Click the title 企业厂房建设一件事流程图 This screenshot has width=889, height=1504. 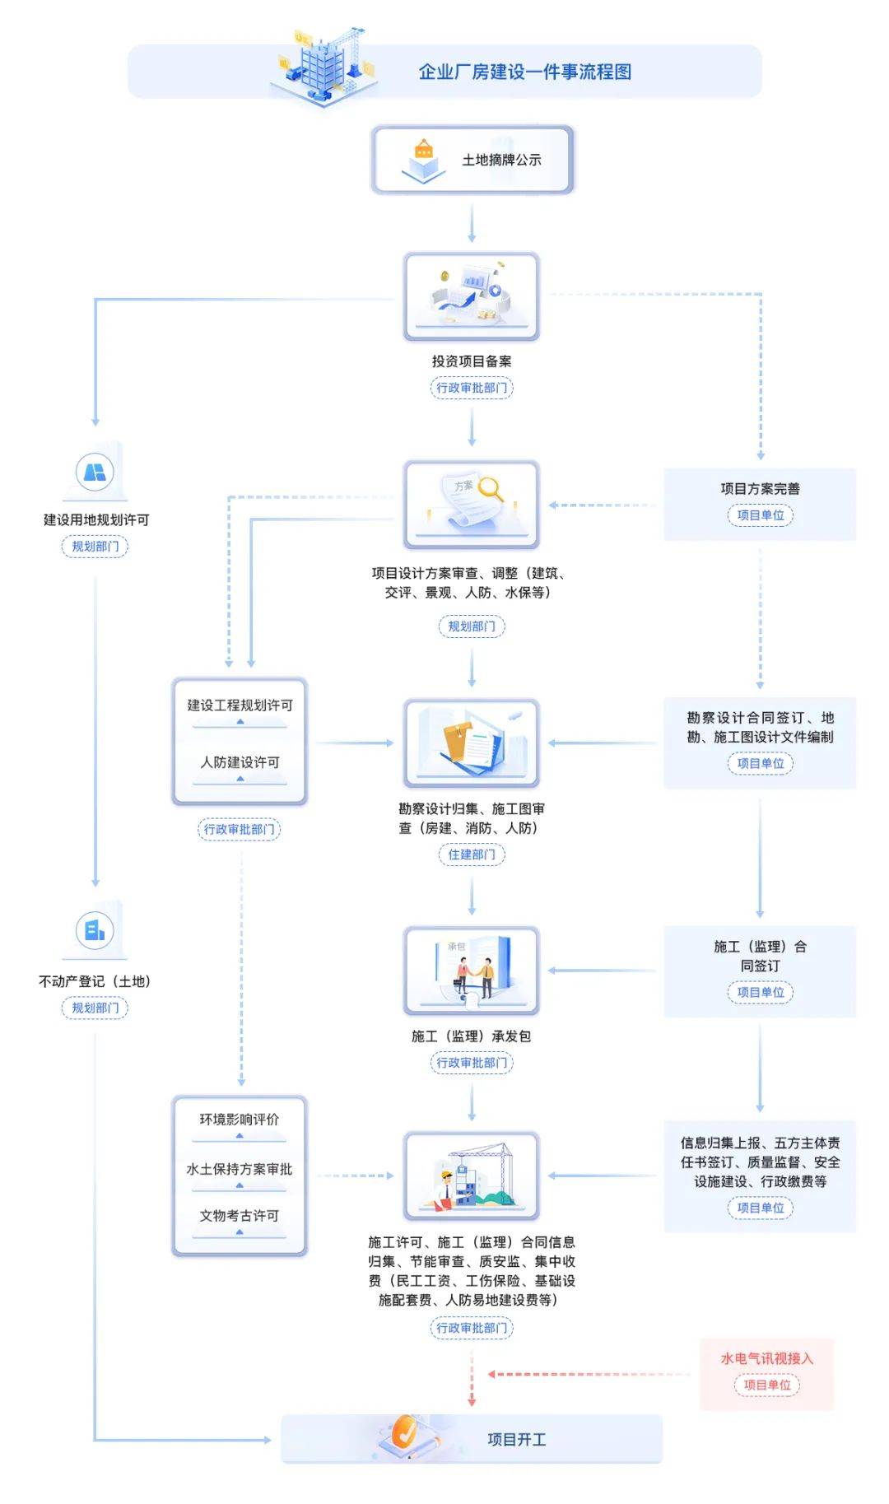pos(524,72)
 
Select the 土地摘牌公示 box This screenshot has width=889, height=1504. pos(472,160)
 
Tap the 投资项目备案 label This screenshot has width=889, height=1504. pos(472,361)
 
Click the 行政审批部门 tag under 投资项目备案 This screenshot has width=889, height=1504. pos(472,388)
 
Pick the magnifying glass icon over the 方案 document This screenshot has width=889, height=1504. pos(491,489)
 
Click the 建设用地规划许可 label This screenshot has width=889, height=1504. pos(96,520)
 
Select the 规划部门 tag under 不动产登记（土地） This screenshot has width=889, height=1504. pos(95,1008)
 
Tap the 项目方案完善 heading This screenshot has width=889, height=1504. pos(760,489)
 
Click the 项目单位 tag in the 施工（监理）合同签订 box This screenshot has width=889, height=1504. pos(760,992)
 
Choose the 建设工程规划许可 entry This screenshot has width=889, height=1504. pos(240,705)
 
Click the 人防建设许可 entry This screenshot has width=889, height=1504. pos(240,762)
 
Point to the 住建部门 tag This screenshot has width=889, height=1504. pos(472,854)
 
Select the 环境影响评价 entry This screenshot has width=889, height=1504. pos(240,1120)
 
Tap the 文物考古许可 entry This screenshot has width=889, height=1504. pos(240,1216)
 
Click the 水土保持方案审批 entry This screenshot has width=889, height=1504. pos(240,1169)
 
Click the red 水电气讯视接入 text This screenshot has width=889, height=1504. pos(766,1358)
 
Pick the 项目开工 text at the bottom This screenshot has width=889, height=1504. pos(517,1439)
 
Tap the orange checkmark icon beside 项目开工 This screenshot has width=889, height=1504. pos(403,1432)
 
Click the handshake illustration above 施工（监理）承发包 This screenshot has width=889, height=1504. pos(474,975)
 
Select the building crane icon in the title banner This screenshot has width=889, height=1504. pos(325,66)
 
